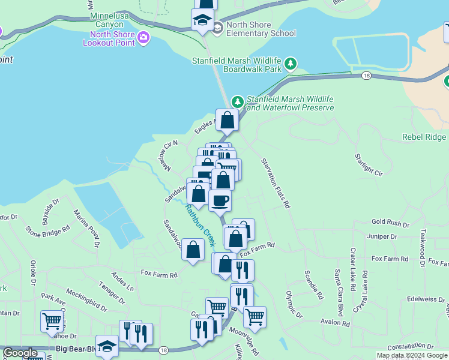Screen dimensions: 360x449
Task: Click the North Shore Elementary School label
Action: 262,29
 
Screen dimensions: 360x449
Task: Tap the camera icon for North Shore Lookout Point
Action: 143,38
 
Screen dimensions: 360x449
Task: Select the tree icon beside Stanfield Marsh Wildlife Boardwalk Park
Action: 291,63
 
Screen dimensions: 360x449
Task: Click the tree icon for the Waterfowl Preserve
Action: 238,101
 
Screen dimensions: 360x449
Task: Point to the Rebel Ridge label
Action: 424,137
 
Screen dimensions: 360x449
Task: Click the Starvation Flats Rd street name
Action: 276,184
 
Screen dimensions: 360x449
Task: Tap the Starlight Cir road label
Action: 369,165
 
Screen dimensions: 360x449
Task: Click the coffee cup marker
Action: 220,200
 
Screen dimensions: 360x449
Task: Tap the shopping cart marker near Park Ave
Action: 52,321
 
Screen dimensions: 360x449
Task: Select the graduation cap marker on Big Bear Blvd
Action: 107,346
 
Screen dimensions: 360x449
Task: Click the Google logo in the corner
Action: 20,353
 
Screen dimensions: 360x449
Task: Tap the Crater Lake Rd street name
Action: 354,264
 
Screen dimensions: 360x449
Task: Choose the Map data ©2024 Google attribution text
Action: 412,355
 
